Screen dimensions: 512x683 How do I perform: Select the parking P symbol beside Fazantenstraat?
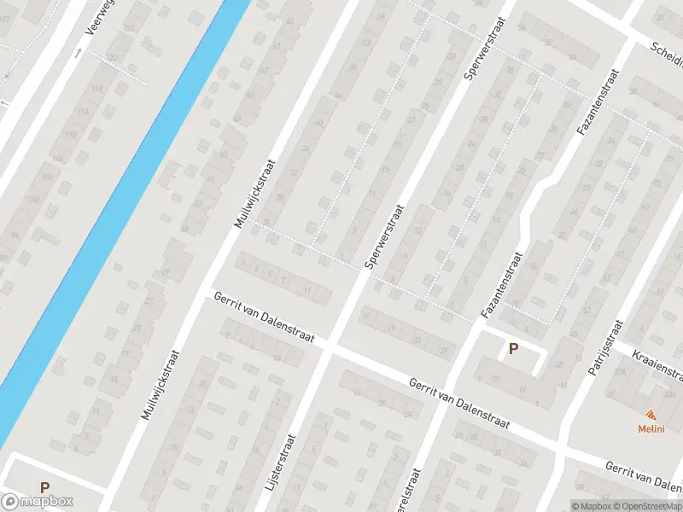(x=513, y=348)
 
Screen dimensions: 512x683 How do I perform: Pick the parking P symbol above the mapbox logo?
(x=44, y=488)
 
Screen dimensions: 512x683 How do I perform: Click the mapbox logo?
(x=38, y=502)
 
